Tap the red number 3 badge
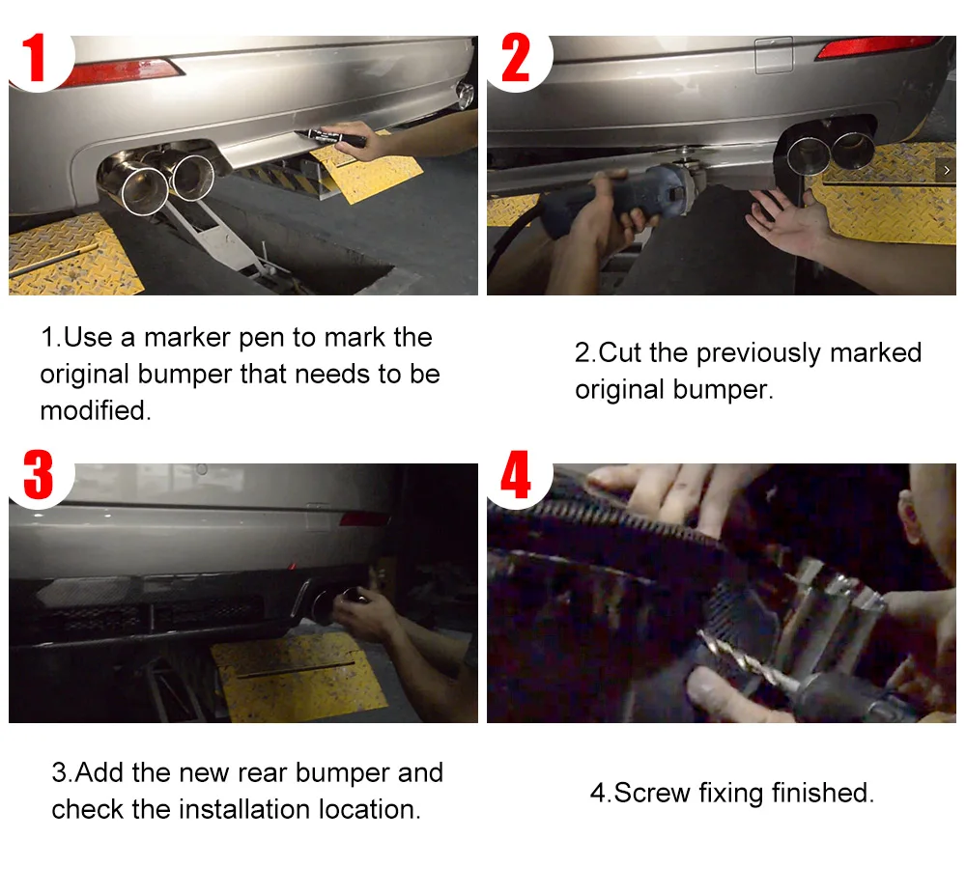[39, 474]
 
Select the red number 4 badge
[516, 474]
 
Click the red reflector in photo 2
[877, 46]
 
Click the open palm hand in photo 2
[788, 218]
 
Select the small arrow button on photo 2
[947, 170]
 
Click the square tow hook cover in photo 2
[774, 55]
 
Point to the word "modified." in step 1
[96, 410]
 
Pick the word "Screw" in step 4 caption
[652, 793]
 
